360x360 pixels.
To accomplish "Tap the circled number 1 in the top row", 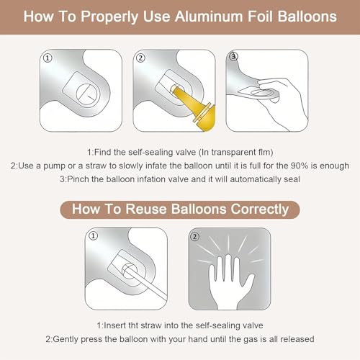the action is coord(48,58).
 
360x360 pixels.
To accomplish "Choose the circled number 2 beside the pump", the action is coord(140,58).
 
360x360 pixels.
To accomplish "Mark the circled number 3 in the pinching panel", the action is coord(233,57).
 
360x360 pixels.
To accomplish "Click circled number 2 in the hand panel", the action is coord(194,237).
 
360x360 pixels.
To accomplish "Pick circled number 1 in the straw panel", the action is coord(94,235).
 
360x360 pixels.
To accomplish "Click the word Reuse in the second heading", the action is coord(146,209).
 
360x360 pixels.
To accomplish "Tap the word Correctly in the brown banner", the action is coord(260,210).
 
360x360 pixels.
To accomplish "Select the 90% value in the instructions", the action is coord(300,166).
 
